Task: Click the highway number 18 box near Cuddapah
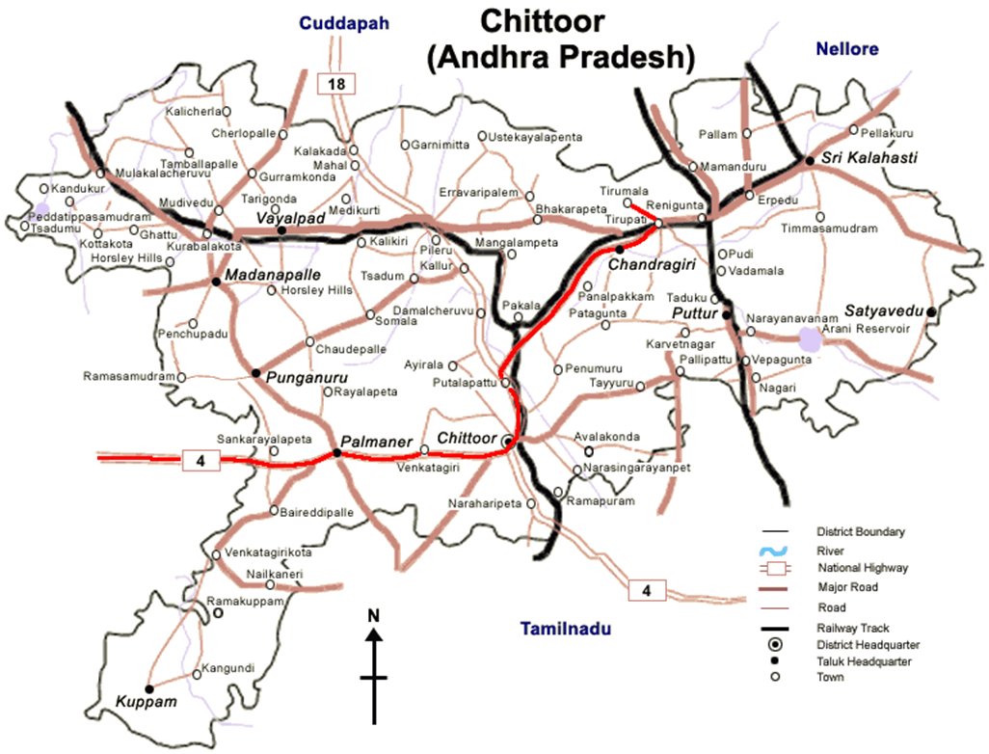tap(336, 84)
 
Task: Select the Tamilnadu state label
tap(567, 630)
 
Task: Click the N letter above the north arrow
tap(374, 615)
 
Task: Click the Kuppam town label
tap(147, 702)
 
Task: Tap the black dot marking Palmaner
tap(336, 451)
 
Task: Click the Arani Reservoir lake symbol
tap(811, 337)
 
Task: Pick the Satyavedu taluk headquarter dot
tap(932, 311)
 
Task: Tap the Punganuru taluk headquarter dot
tap(255, 372)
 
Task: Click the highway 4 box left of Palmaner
tap(200, 462)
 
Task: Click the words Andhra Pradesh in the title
tap(560, 57)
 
